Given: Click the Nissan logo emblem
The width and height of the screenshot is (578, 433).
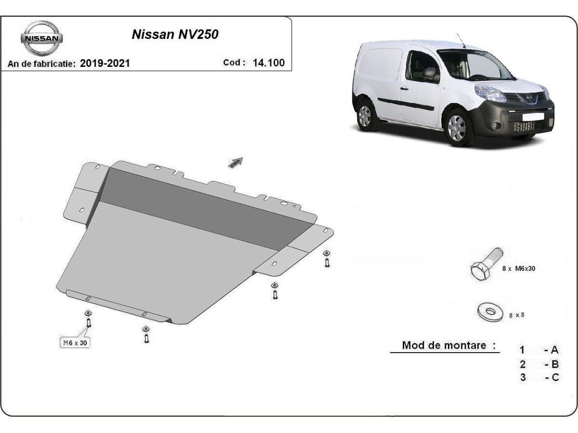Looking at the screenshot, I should (41, 38).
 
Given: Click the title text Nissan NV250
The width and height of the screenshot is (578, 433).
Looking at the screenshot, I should (175, 35).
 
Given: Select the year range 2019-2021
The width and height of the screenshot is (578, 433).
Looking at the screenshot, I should (105, 63).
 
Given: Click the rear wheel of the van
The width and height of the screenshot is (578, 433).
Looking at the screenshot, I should (365, 116).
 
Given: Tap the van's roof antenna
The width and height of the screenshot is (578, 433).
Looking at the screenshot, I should (460, 40).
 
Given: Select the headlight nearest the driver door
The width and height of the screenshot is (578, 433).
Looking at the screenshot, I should (490, 93).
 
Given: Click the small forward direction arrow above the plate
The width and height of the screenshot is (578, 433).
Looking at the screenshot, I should (236, 163).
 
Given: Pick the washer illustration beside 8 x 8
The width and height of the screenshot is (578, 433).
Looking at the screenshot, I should (490, 311).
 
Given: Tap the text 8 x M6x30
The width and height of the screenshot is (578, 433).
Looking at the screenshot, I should (518, 268).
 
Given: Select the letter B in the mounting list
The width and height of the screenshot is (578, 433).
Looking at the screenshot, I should (555, 364).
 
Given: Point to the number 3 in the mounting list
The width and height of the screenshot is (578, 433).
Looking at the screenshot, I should (523, 377).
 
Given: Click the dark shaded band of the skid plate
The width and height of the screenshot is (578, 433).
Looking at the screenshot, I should (202, 207).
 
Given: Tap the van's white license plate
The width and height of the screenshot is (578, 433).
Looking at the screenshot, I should (533, 116).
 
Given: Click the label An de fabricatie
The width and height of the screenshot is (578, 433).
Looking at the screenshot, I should (42, 64).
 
